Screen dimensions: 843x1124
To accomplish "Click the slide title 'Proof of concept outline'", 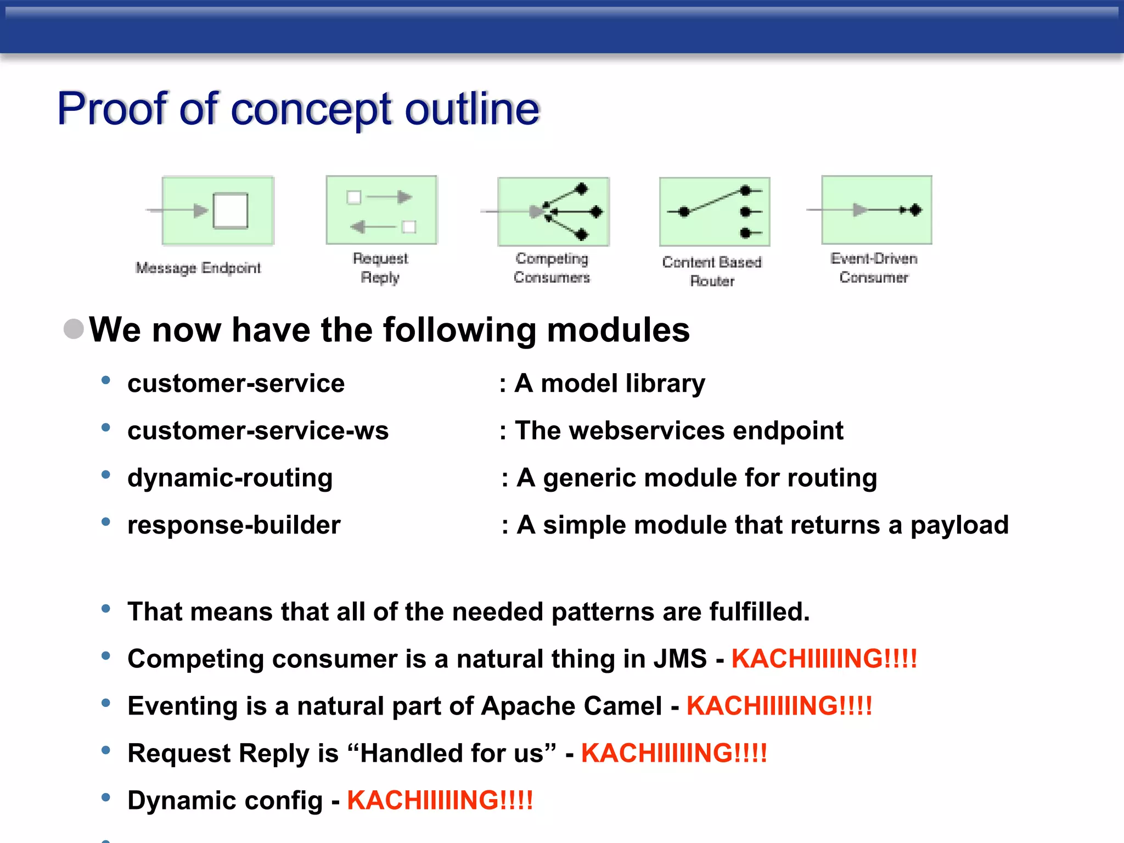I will click(299, 109).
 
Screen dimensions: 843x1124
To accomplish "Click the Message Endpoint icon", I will click(217, 210).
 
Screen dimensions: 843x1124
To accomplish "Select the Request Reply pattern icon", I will click(381, 210).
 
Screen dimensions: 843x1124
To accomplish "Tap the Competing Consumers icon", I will click(553, 211).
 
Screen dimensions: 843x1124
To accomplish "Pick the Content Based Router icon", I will click(715, 212).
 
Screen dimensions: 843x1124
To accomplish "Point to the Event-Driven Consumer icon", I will click(876, 210).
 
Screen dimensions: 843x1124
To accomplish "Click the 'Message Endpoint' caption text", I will click(198, 268).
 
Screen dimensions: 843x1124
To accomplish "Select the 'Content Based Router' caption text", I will click(712, 271).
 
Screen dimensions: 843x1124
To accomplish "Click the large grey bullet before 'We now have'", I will click(74, 329).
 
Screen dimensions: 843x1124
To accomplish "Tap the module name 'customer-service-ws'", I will click(258, 430).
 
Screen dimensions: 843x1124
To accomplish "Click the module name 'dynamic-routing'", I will click(230, 477).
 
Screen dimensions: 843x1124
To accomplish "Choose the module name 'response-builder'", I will click(234, 525).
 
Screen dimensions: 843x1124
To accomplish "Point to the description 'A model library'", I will click(609, 383).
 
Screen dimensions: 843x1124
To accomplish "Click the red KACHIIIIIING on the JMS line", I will click(824, 659).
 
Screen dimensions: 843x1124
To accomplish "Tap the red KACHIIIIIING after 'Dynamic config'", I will click(440, 800).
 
